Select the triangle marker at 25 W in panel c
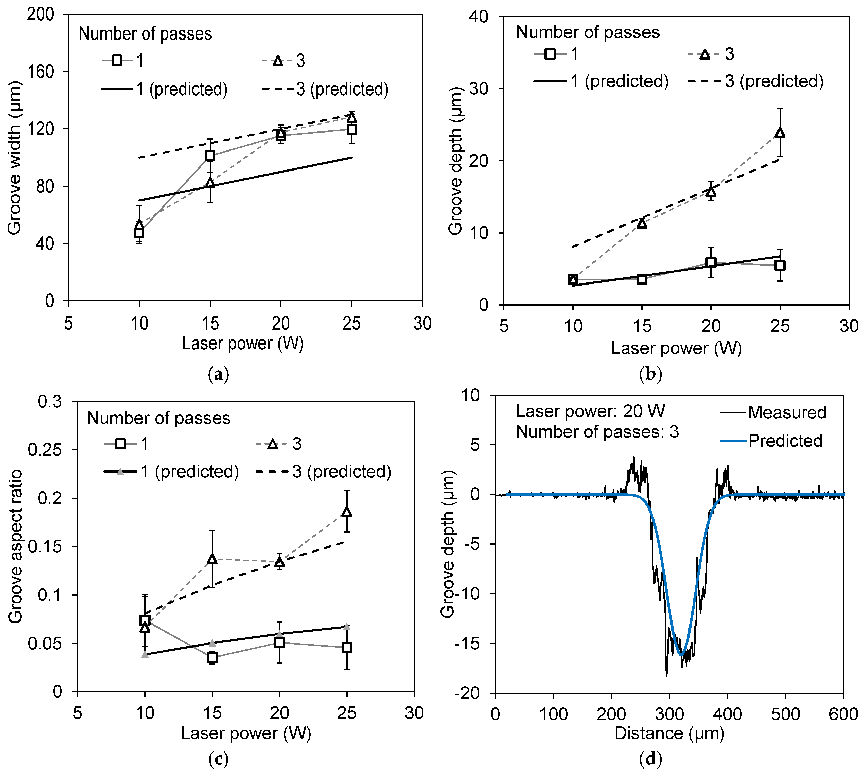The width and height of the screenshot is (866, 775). tap(347, 512)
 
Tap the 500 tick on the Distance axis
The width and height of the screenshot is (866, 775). tap(785, 714)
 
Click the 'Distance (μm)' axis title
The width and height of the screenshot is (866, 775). tap(669, 733)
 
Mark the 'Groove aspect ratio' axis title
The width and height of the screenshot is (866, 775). tap(15, 547)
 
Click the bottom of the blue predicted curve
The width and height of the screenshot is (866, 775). tap(681, 654)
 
